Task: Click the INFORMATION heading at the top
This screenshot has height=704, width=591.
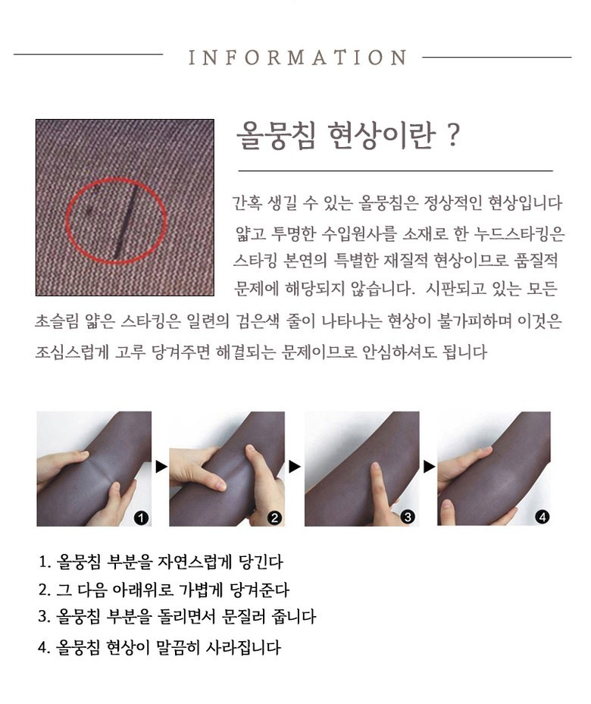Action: [x=298, y=58]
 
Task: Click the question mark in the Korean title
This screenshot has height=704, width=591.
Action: [x=453, y=135]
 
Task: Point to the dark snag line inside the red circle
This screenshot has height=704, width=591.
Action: [x=125, y=222]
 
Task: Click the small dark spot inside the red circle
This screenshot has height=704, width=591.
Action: [x=89, y=209]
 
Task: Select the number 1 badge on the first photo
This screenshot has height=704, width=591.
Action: [x=141, y=518]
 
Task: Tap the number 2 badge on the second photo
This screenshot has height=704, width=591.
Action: [x=274, y=518]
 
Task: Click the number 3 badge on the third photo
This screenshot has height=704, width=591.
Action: [x=408, y=517]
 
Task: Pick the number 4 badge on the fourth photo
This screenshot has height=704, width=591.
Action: [x=542, y=518]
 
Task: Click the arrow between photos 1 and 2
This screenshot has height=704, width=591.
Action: [x=161, y=467]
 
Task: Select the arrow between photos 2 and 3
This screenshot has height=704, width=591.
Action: [x=295, y=467]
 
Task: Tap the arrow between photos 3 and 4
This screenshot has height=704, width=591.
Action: [x=429, y=467]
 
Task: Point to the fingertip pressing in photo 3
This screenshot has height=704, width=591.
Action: [x=375, y=468]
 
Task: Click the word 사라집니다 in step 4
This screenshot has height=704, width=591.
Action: [x=243, y=647]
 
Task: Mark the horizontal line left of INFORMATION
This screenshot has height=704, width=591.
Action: [x=89, y=55]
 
